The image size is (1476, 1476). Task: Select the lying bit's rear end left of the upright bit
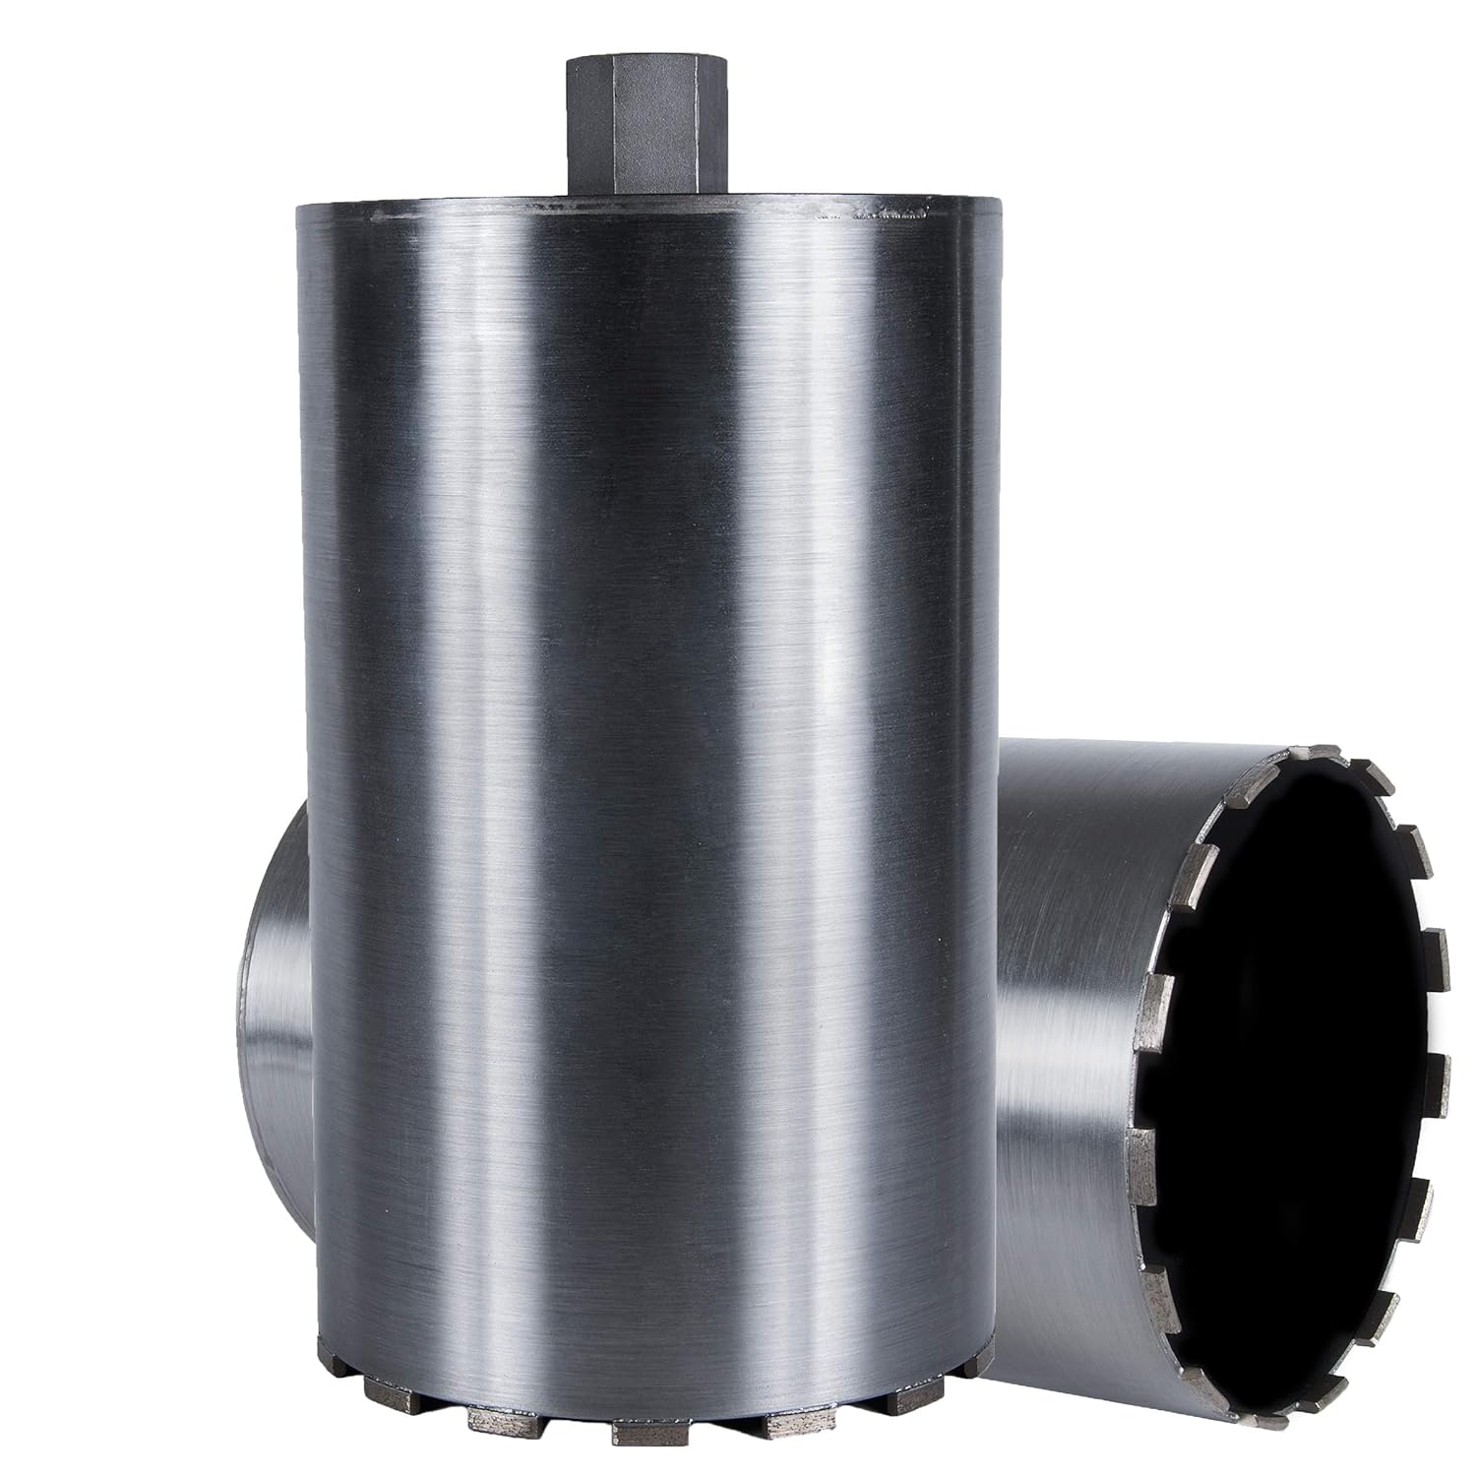(x=276, y=984)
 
